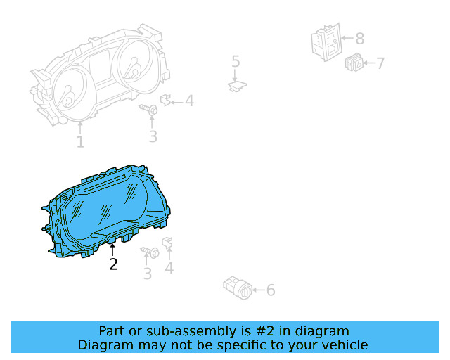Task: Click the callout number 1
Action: pos(80,142)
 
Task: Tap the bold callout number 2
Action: pos(113,264)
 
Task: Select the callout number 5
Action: pos(236,62)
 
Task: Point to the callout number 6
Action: pos(271,290)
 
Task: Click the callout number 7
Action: pos(380,64)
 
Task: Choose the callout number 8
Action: pos(359,39)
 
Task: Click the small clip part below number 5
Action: pos(236,86)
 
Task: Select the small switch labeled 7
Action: pos(354,63)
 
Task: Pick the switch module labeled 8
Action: pos(325,41)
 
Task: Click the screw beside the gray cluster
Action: pos(150,110)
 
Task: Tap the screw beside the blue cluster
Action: pos(150,252)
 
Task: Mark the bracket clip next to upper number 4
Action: pos(167,100)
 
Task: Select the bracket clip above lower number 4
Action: pos(168,243)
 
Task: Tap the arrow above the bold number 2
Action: pos(112,248)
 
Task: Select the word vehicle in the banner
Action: pos(344,345)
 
